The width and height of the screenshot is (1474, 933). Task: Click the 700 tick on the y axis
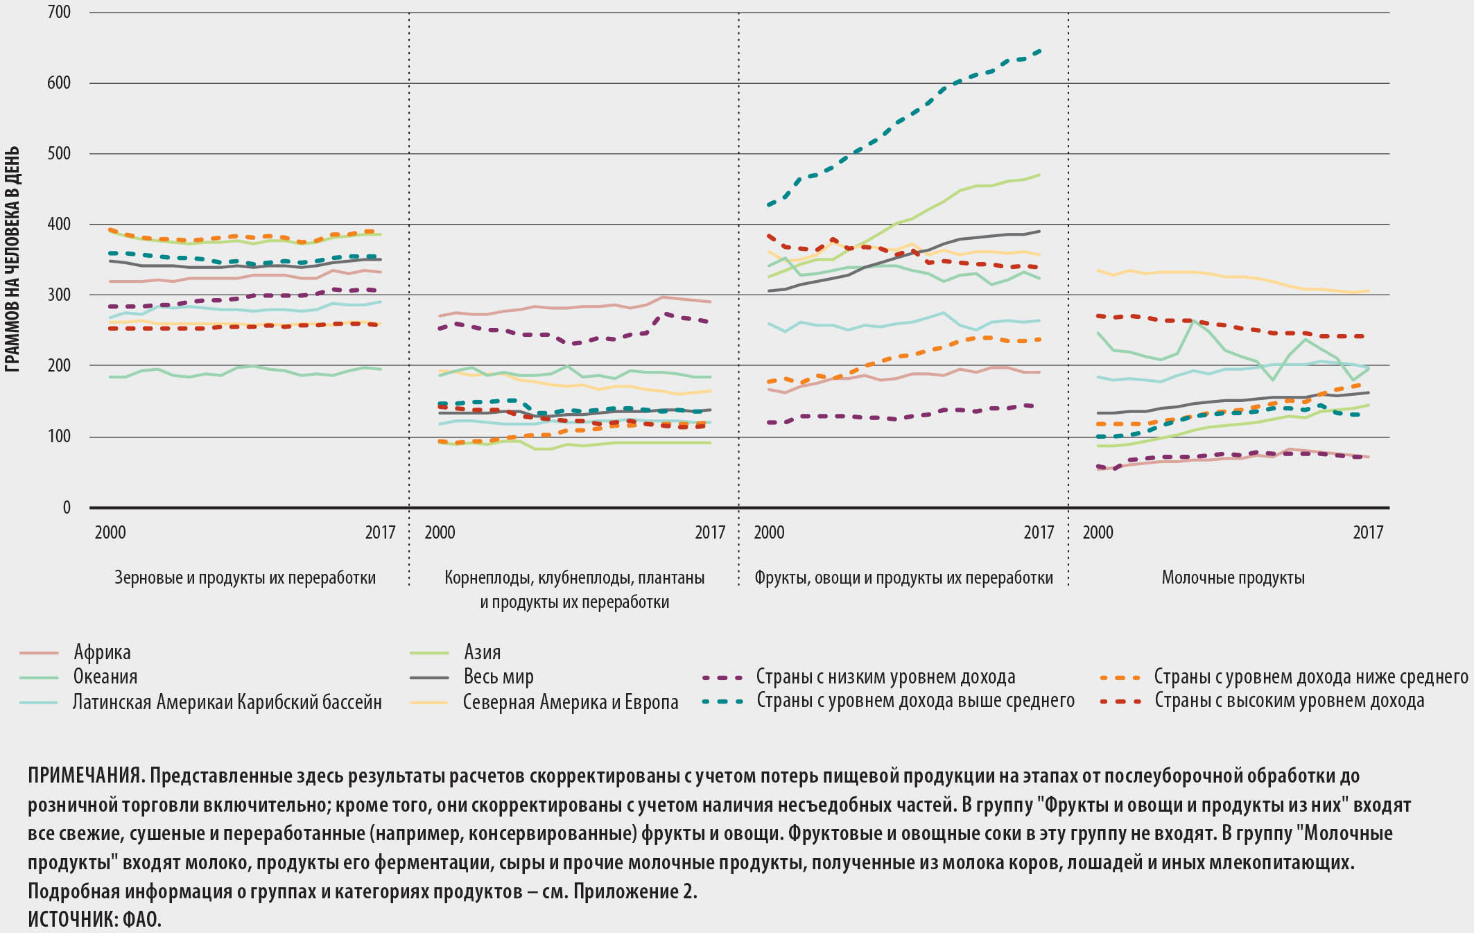[x=60, y=12]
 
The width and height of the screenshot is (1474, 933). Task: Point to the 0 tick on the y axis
[x=67, y=508]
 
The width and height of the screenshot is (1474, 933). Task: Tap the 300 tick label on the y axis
[x=60, y=295]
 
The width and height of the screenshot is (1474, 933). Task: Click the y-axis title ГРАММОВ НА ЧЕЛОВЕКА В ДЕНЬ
[x=12, y=259]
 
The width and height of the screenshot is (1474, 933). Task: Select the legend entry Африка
[x=102, y=652]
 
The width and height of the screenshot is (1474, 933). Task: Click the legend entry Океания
[x=105, y=677]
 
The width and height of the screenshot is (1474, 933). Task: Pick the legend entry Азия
[x=482, y=652]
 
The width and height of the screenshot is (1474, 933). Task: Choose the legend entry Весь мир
[x=498, y=677]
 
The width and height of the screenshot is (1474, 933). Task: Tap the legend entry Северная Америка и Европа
[x=571, y=702]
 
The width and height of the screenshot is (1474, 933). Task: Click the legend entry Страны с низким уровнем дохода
[x=885, y=677]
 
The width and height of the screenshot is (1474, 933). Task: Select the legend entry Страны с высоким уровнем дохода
[x=1289, y=701]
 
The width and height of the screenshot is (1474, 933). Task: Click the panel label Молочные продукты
[x=1233, y=577]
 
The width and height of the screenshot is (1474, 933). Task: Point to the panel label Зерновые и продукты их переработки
[x=245, y=577]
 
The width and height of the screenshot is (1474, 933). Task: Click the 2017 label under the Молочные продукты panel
[x=1367, y=532]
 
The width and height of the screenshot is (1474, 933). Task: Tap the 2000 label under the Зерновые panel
[x=110, y=532]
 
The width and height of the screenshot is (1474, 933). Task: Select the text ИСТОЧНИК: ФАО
[x=94, y=919]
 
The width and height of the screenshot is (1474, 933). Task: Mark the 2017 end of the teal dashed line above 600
[x=1039, y=51]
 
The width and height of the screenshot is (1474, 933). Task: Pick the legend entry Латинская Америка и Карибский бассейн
[x=227, y=702]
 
